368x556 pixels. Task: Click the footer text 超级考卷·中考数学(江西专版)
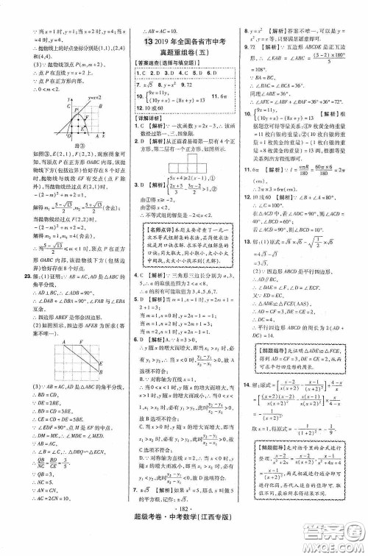(184, 546)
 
